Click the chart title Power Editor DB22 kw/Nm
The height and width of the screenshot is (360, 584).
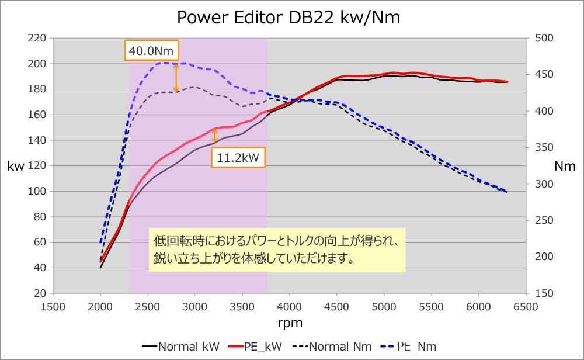pyautogui.click(x=289, y=18)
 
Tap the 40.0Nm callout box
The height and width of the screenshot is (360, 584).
pyautogui.click(x=152, y=51)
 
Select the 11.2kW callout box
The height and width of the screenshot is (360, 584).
pyautogui.click(x=238, y=157)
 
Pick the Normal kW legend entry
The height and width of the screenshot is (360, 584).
pyautogui.click(x=180, y=347)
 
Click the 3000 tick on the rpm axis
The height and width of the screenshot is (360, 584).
pyautogui.click(x=195, y=306)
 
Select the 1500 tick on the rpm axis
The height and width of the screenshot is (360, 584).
pyautogui.click(x=53, y=306)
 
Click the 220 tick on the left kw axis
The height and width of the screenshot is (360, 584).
pyautogui.click(x=37, y=38)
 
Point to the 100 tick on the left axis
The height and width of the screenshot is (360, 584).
pyautogui.click(x=37, y=191)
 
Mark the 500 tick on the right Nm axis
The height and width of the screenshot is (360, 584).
pyautogui.click(x=543, y=38)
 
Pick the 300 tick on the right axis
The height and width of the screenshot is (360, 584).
pyautogui.click(x=543, y=184)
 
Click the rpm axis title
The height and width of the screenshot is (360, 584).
pyautogui.click(x=290, y=322)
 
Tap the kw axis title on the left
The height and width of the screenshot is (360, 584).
pyautogui.click(x=16, y=167)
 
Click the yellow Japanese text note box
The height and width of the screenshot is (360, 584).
pyautogui.click(x=276, y=250)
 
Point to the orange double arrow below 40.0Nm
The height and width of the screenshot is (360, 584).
pyautogui.click(x=176, y=78)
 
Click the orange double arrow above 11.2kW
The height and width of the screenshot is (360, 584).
pyautogui.click(x=215, y=136)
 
